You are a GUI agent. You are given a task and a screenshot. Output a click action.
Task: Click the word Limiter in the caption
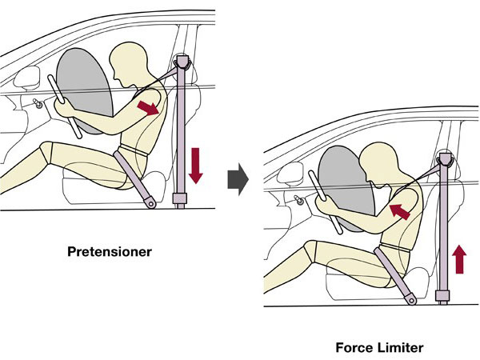400,347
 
